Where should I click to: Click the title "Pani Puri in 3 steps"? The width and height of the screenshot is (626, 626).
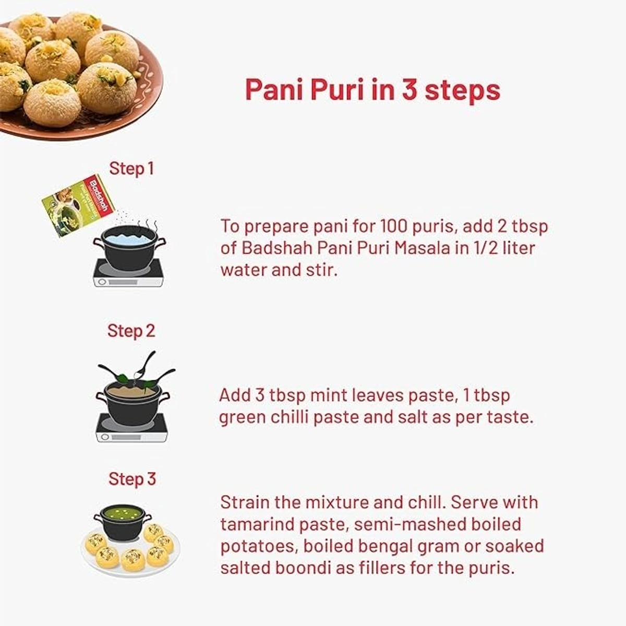click(x=372, y=90)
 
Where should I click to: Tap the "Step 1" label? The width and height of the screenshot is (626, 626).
click(x=131, y=168)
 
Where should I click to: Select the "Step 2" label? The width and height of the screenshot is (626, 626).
click(x=131, y=331)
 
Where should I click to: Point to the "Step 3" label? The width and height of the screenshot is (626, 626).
click(x=132, y=479)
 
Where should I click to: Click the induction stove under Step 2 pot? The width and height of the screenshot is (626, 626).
click(x=131, y=429)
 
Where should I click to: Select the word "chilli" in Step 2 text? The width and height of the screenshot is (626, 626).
click(x=293, y=417)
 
